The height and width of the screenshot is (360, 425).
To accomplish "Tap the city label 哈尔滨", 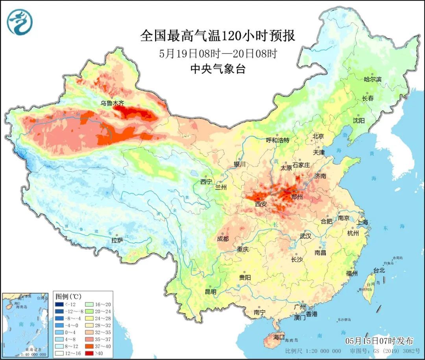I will click(373, 79).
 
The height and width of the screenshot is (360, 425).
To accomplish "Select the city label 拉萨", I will click(117, 240).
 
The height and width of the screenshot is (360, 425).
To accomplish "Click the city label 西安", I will click(261, 204).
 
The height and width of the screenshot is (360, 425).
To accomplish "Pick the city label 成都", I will click(223, 239).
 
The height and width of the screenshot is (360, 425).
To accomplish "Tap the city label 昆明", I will click(211, 292).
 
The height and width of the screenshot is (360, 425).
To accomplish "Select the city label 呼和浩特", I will click(277, 140).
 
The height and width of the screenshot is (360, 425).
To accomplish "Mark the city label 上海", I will click(362, 222).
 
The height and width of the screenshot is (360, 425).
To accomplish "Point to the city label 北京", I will click(318, 136).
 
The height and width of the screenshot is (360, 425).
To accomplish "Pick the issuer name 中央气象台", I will click(218, 69).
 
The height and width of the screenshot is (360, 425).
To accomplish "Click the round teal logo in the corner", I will click(20, 22).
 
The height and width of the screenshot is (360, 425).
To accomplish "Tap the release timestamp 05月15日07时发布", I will click(379, 341).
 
